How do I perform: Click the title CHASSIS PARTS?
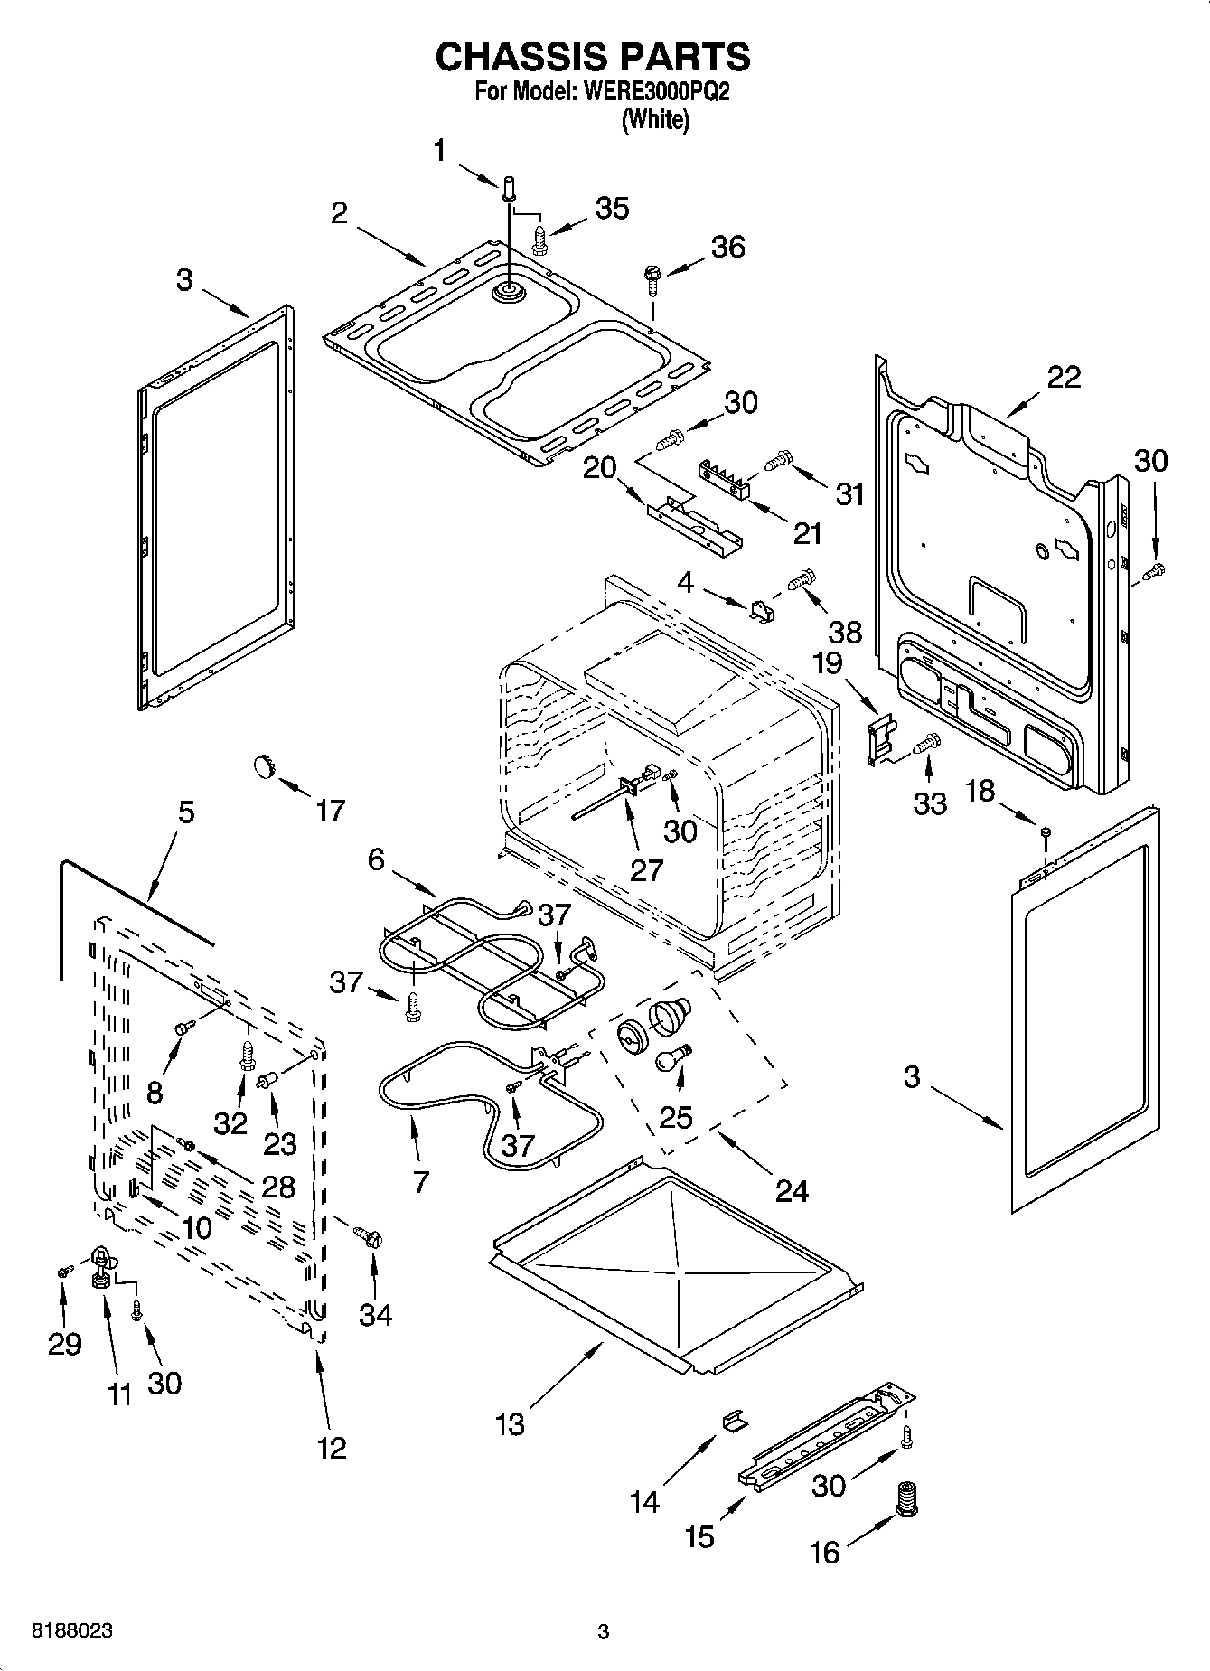click(x=593, y=57)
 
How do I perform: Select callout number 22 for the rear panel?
click(x=1064, y=377)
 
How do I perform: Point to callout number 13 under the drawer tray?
click(x=510, y=1424)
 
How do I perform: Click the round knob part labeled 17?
click(x=262, y=766)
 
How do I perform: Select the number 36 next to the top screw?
click(x=728, y=247)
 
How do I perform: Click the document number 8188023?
click(x=72, y=1631)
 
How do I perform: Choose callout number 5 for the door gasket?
click(x=185, y=812)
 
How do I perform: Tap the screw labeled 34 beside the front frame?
click(x=368, y=1234)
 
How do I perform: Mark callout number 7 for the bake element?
click(x=420, y=1181)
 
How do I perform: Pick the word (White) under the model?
click(x=655, y=120)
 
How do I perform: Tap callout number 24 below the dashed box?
click(x=792, y=1191)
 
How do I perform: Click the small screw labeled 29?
click(x=63, y=1271)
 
